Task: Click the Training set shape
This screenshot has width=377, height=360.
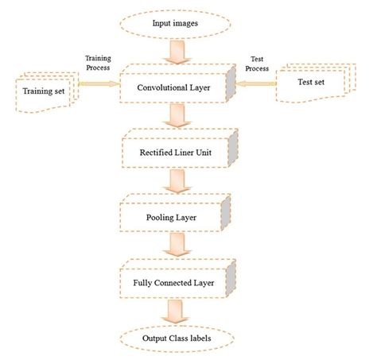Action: [x=45, y=89]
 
